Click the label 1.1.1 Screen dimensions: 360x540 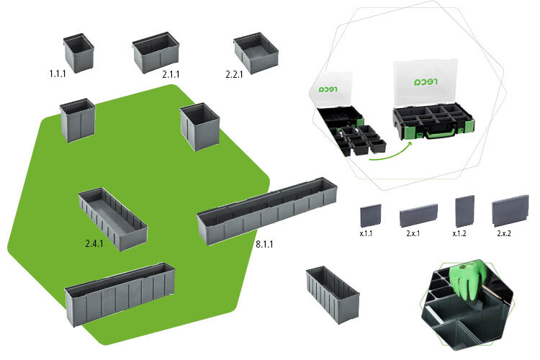point(58,73)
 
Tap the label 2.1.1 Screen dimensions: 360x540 point(171,74)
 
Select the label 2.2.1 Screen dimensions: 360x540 point(235,73)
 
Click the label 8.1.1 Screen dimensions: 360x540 point(264,244)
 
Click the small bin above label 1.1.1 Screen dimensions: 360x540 point(78,52)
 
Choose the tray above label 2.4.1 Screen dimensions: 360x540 point(112,219)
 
